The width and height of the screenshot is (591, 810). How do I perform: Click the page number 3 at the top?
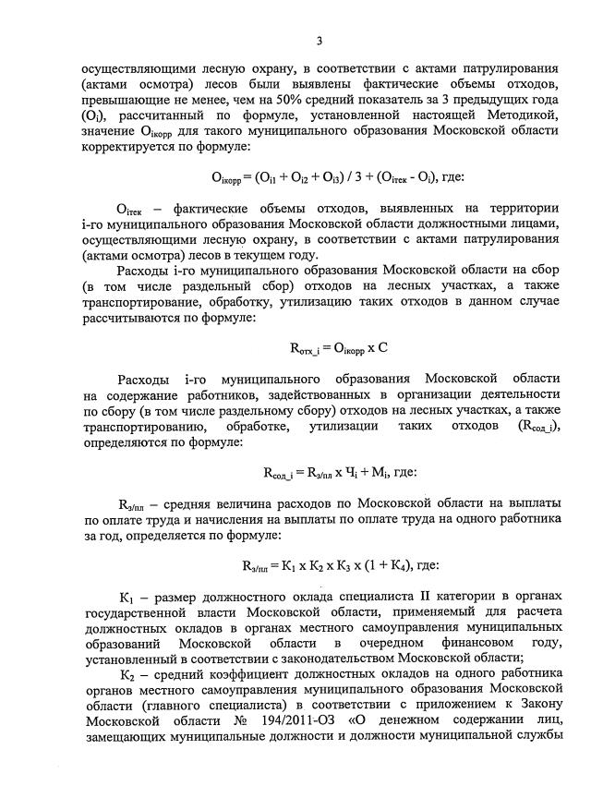pos(320,40)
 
